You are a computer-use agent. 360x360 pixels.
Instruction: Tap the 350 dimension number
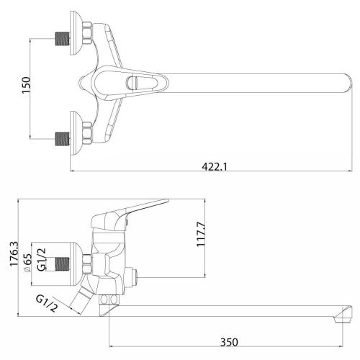(x=228, y=341)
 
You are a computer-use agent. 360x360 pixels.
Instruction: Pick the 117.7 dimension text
(x=203, y=234)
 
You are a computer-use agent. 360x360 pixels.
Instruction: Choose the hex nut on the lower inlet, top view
(x=86, y=132)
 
